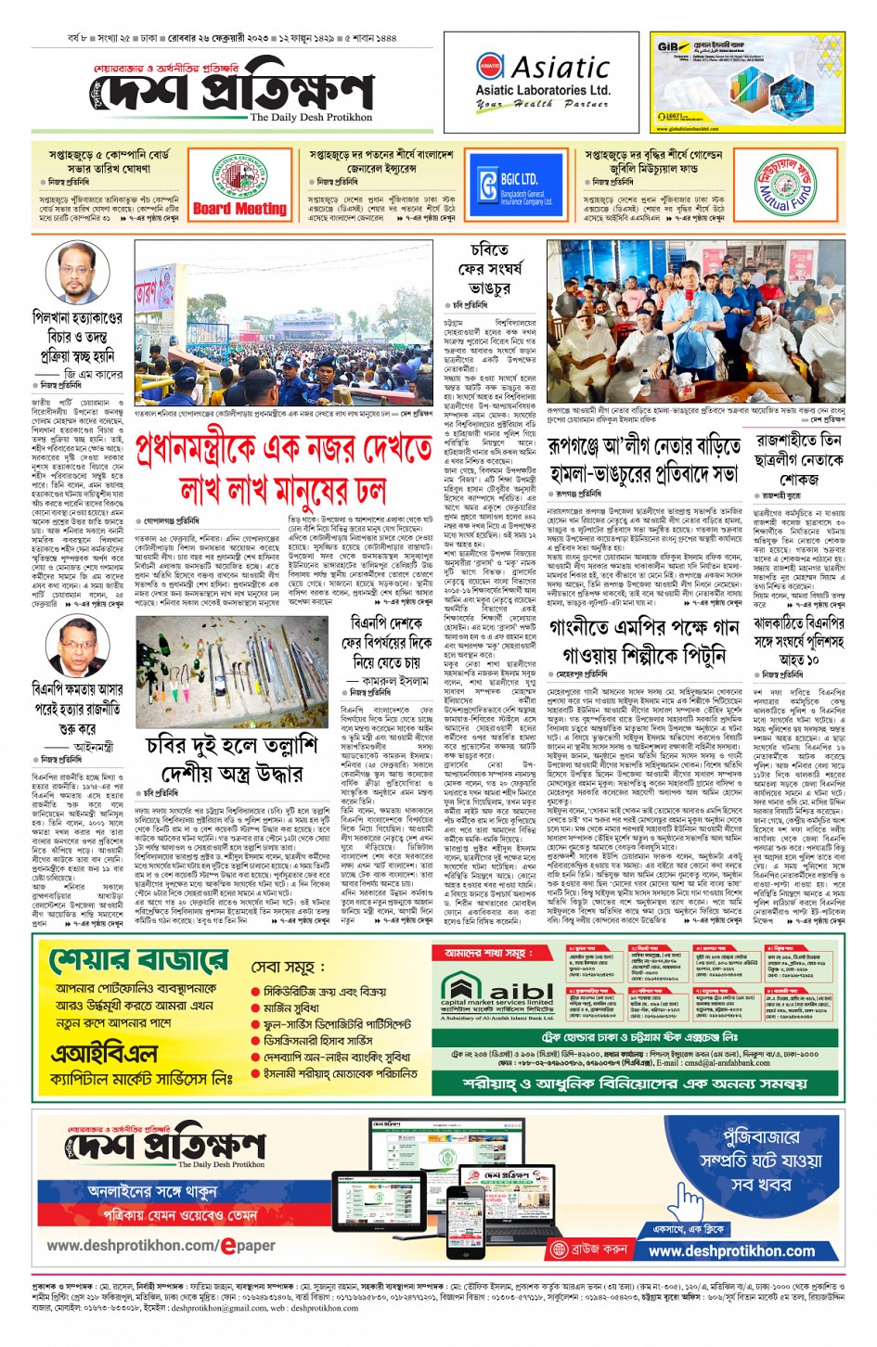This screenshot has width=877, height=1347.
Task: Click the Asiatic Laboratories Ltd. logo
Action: coord(543,82)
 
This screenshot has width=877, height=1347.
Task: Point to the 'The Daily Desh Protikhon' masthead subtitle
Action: coord(310,118)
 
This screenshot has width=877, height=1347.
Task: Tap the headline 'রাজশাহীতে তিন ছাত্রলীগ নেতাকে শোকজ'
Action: coord(797,459)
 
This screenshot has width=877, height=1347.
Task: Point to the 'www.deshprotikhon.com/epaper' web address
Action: coord(161,1245)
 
